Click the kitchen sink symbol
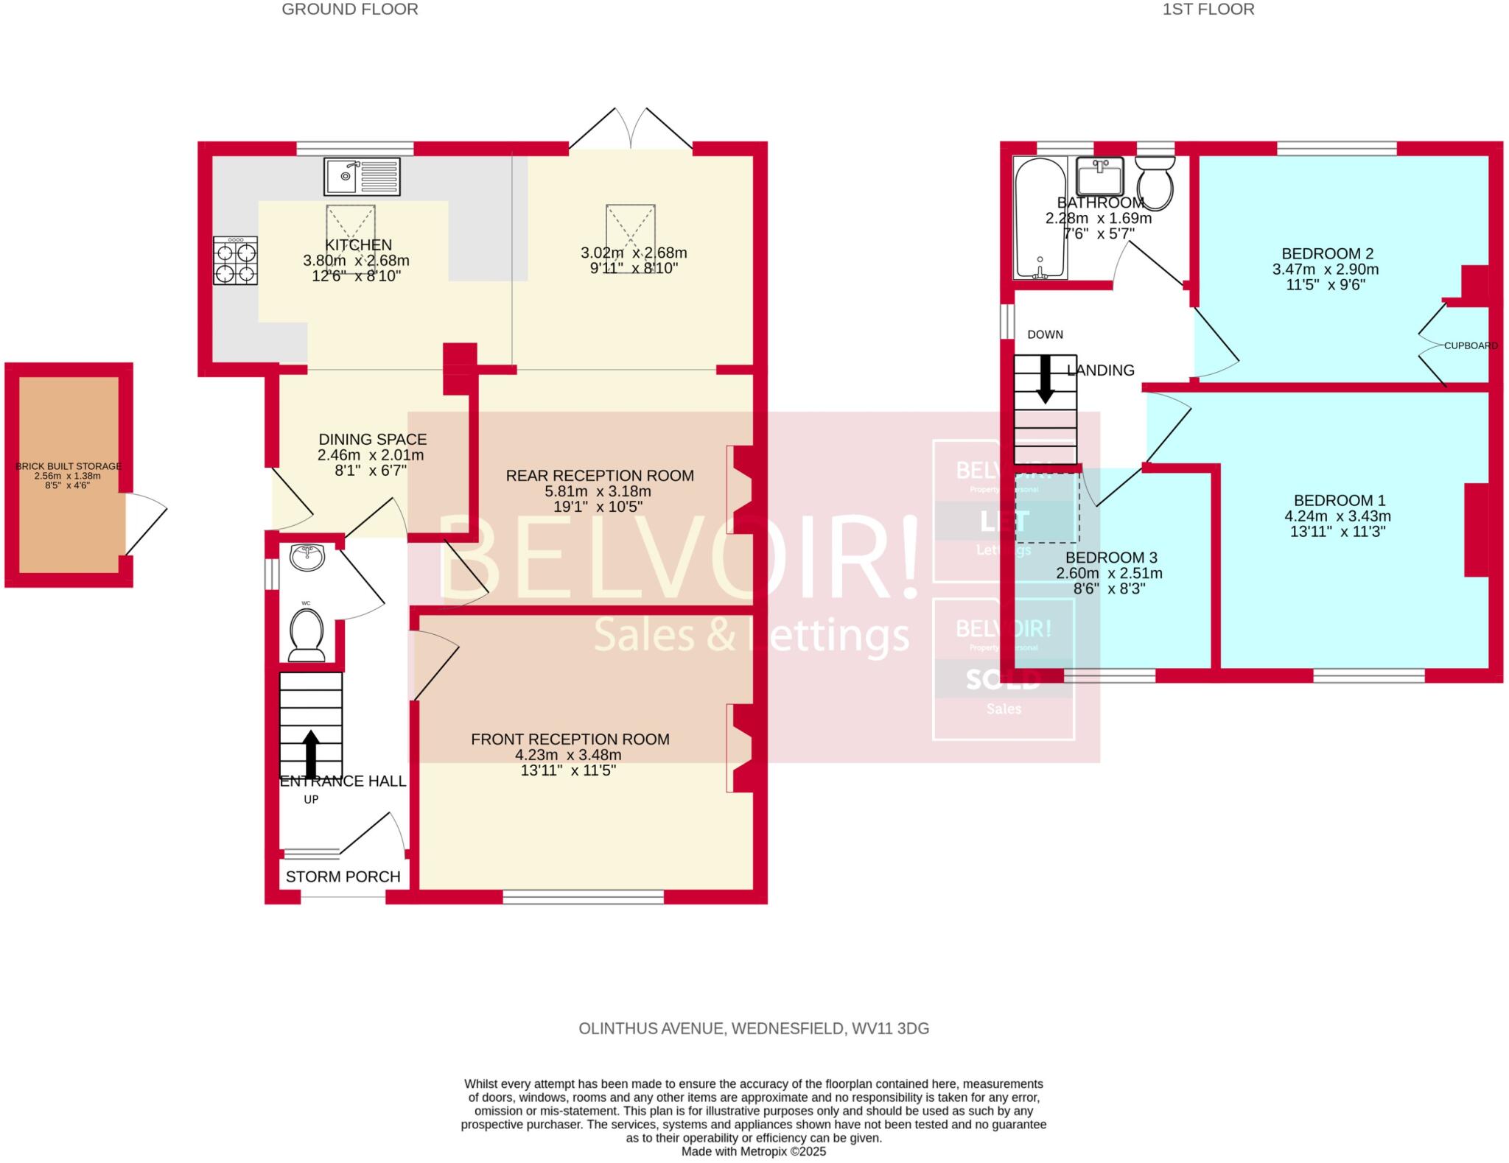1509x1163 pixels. click(x=362, y=177)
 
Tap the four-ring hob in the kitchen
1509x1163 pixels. click(x=236, y=261)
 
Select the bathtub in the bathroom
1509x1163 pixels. click(x=1040, y=218)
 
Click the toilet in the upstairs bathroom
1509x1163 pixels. click(x=1155, y=183)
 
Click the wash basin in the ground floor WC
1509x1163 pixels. click(x=307, y=557)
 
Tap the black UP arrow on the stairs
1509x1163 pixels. click(x=311, y=753)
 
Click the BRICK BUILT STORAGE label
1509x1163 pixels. click(x=69, y=466)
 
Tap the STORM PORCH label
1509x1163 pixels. click(x=343, y=876)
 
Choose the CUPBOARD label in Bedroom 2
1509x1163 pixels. click(x=1470, y=345)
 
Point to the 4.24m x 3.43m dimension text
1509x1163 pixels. click(x=1337, y=516)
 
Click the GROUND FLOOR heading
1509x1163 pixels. click(x=350, y=10)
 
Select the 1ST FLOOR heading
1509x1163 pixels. click(x=1208, y=10)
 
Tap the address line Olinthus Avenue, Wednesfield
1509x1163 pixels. click(x=753, y=1028)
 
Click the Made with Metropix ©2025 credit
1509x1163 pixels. click(x=753, y=1151)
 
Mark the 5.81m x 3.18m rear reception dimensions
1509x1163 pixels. click(x=599, y=491)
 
